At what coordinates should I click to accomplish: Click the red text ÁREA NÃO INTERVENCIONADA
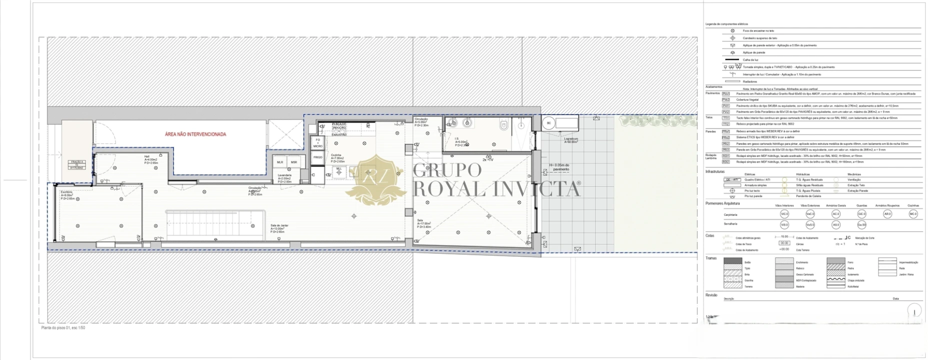pos(195,134)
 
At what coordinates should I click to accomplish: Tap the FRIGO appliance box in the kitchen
pos(317,157)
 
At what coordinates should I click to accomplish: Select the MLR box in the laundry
pos(280,162)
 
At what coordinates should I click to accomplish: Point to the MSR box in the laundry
pos(294,162)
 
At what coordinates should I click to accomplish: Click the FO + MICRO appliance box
pos(317,143)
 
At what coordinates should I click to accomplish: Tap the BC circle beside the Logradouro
pos(548,123)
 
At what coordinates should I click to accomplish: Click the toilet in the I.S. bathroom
pos(503,125)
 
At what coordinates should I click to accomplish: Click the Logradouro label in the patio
pos(571,140)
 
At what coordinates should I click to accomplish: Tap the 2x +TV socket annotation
pos(488,159)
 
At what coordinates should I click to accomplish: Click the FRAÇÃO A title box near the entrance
pos(77,164)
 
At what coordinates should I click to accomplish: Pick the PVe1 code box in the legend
pos(725,93)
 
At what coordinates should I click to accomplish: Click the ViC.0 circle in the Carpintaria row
pos(784,214)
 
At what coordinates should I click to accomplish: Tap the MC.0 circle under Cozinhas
pos(913,214)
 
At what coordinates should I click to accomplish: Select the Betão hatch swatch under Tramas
pos(733,261)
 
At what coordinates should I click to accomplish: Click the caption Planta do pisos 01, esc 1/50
pos(63,328)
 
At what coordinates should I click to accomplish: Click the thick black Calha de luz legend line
pos(732,59)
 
